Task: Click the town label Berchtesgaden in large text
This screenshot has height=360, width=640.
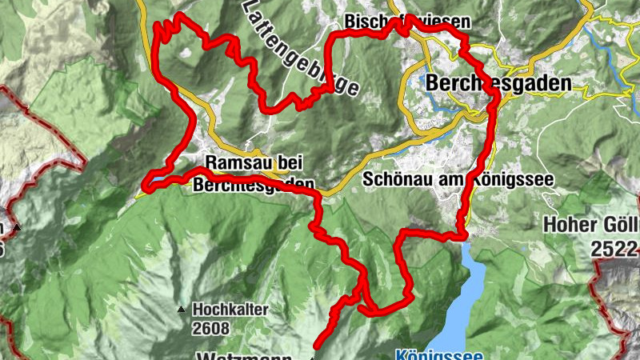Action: (500, 83)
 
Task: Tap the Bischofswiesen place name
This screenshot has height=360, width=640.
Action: (407, 21)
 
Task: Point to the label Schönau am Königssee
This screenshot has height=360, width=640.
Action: (458, 179)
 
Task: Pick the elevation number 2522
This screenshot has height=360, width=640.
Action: (615, 249)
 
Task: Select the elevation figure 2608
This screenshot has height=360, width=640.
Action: (210, 327)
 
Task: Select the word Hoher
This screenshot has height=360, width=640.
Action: (569, 225)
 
